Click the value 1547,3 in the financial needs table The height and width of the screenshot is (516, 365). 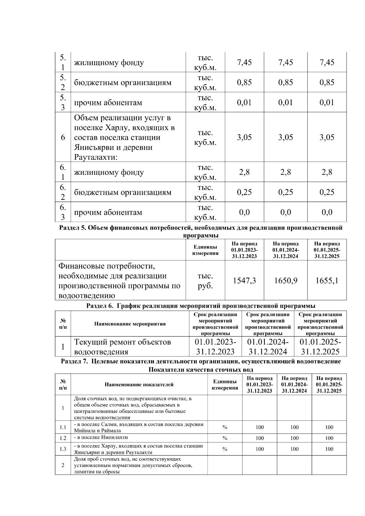tap(244, 280)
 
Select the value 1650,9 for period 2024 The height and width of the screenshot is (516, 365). tap(285, 280)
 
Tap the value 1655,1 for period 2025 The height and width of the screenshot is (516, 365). tap(327, 280)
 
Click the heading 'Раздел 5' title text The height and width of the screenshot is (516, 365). tap(201, 228)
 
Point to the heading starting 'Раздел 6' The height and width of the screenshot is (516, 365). tap(201, 306)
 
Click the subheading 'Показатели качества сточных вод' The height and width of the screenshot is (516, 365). tap(201, 370)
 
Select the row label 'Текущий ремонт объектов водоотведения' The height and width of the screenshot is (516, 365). tap(123, 347)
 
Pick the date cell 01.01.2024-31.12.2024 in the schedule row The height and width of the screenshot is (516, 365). tap(268, 347)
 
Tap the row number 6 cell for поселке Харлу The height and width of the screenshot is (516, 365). tap(63, 137)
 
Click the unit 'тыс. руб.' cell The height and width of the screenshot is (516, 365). tap(205, 281)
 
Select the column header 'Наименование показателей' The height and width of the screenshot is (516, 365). tap(139, 384)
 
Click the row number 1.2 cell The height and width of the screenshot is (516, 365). tap(63, 438)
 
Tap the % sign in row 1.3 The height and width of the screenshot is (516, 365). tap(225, 449)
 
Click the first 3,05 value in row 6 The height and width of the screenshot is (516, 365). tap(244, 137)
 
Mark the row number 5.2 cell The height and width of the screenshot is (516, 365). tap(63, 82)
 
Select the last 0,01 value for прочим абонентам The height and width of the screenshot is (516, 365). tap(327, 102)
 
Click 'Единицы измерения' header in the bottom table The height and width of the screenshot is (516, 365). tap(225, 384)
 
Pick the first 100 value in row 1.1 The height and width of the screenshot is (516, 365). tap(259, 427)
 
